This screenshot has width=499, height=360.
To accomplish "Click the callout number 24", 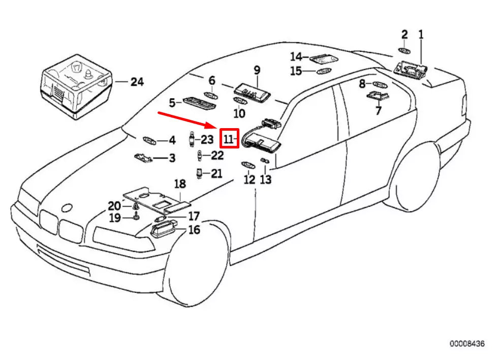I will pyautogui.click(x=137, y=81).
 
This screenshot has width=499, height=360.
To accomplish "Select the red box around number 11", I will pyautogui.click(x=229, y=138).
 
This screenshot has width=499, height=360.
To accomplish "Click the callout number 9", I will pyautogui.click(x=257, y=69).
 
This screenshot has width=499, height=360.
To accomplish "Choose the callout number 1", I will pyautogui.click(x=421, y=35).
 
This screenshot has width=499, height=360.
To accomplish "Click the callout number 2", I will pyautogui.click(x=404, y=35).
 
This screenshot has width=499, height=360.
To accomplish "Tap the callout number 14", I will pyautogui.click(x=296, y=56).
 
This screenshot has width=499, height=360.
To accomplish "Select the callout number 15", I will pyautogui.click(x=296, y=71).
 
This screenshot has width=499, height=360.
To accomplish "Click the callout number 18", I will pyautogui.click(x=180, y=184).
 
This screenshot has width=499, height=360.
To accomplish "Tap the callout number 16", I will pyautogui.click(x=194, y=230).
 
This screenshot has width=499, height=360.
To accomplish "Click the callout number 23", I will pyautogui.click(x=207, y=139).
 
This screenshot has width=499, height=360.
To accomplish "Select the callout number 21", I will pyautogui.click(x=216, y=174).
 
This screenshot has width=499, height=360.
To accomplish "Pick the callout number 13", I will pyautogui.click(x=266, y=179).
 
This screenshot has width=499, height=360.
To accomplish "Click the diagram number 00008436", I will pyautogui.click(x=466, y=344).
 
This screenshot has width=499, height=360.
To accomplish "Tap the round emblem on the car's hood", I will pyautogui.click(x=66, y=208).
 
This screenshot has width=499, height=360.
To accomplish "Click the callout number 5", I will pyautogui.click(x=172, y=103).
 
